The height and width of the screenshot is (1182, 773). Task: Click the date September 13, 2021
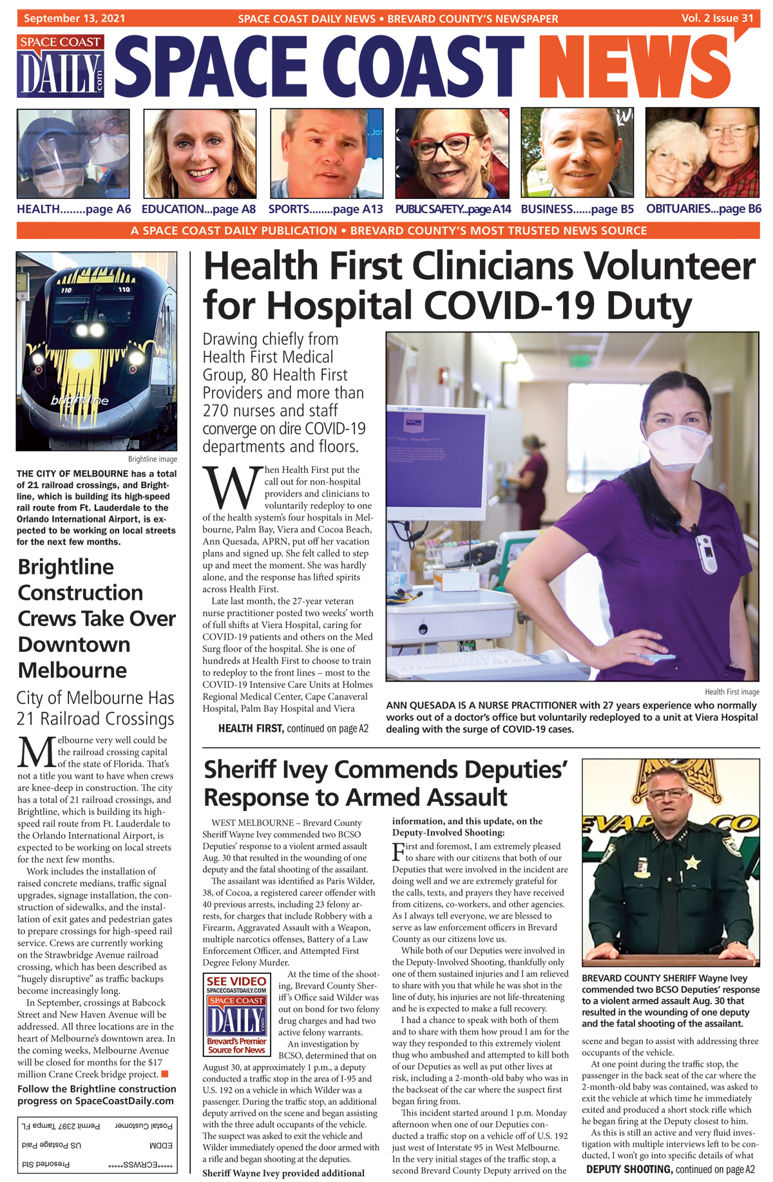pyautogui.click(x=75, y=18)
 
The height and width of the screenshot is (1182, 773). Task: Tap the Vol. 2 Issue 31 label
pyautogui.click(x=717, y=18)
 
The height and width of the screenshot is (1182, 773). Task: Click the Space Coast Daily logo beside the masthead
pyautogui.click(x=61, y=66)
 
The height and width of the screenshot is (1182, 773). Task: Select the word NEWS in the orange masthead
pyautogui.click(x=635, y=68)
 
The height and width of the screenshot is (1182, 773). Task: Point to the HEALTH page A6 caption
pyautogui.click(x=73, y=209)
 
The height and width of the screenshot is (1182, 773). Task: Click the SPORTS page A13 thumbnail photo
pyautogui.click(x=326, y=153)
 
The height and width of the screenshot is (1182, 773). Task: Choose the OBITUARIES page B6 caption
pyautogui.click(x=703, y=209)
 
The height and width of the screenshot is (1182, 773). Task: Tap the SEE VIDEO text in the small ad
pyautogui.click(x=236, y=981)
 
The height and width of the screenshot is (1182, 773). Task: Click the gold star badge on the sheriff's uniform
pyautogui.click(x=692, y=862)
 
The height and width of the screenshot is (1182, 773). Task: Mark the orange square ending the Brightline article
pyautogui.click(x=164, y=1074)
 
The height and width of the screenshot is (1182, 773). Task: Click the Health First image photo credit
pyautogui.click(x=732, y=692)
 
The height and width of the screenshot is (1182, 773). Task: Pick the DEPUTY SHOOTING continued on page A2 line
pyautogui.click(x=670, y=1169)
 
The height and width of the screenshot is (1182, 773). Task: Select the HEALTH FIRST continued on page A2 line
pyautogui.click(x=293, y=729)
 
